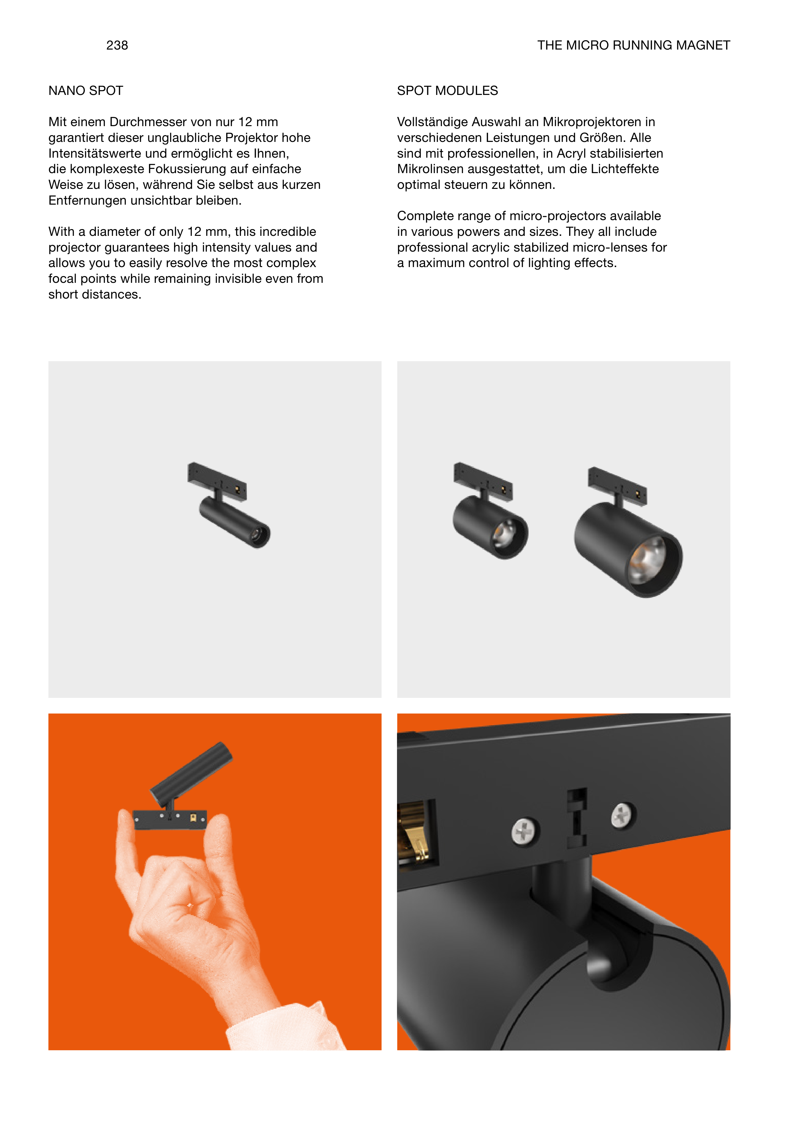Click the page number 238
pyautogui.click(x=117, y=45)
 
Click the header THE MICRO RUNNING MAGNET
pyautogui.click(x=633, y=45)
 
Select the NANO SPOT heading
pyautogui.click(x=86, y=91)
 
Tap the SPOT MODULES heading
pyautogui.click(x=448, y=91)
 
